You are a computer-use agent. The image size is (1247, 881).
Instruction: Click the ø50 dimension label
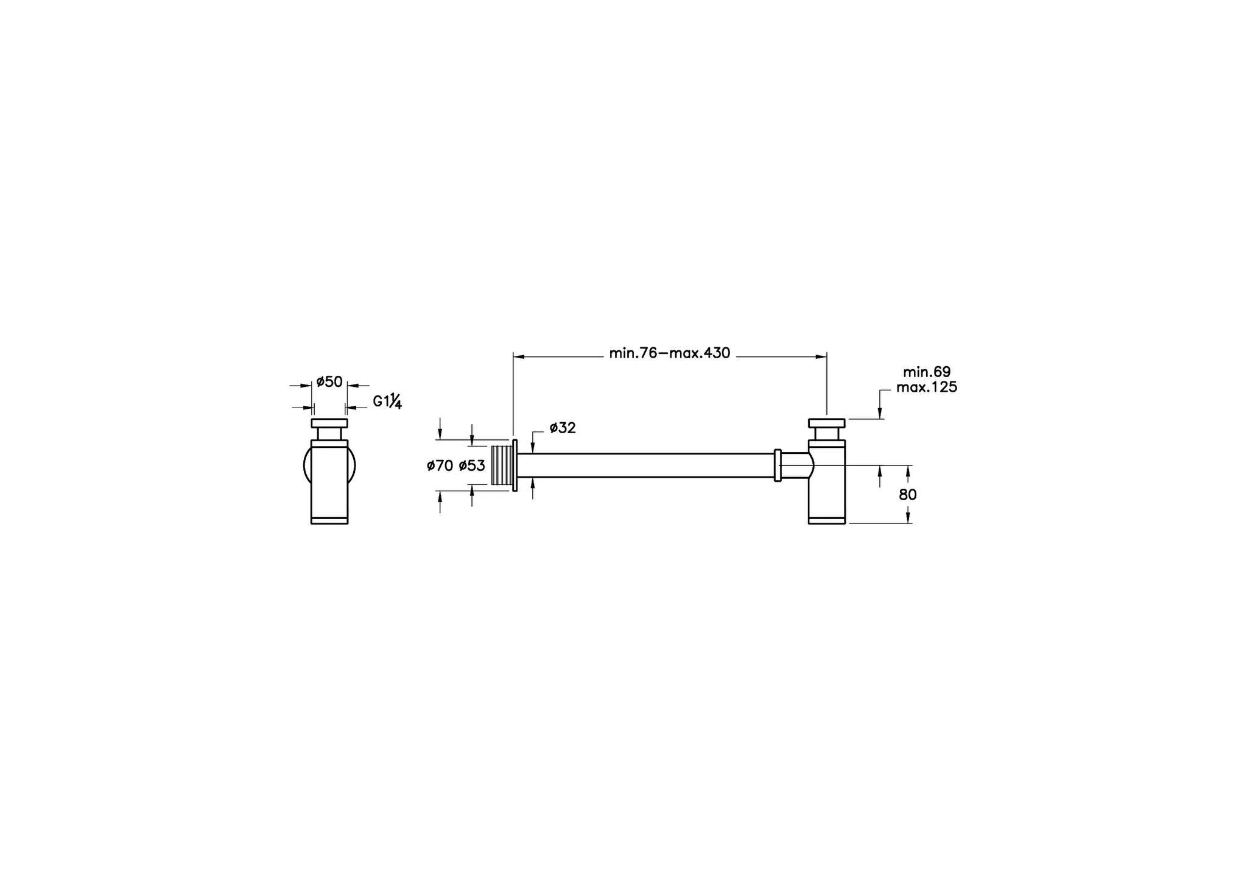[x=329, y=382]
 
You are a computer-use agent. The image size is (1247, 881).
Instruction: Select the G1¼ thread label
[x=387, y=402]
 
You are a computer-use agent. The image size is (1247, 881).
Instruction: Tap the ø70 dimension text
[x=440, y=466]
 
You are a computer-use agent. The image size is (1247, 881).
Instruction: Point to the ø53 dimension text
[x=472, y=466]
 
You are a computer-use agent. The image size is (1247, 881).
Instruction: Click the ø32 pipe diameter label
[x=562, y=428]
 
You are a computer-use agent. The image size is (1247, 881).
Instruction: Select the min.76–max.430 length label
[x=669, y=353]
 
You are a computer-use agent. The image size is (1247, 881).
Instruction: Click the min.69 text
[x=926, y=372]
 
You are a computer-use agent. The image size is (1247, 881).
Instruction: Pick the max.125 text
[x=926, y=387]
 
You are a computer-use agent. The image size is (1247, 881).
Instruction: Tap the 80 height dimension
[x=907, y=495]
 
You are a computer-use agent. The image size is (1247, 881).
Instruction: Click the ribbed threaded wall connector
[x=502, y=465]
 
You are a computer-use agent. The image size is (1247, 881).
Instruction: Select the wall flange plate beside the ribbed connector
[x=515, y=465]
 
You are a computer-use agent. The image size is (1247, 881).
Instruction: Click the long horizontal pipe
[x=645, y=465]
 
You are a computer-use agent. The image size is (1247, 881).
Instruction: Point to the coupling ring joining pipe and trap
[x=778, y=465]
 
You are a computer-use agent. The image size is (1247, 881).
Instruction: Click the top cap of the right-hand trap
[x=826, y=423]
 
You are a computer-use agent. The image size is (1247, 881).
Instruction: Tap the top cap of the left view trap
[x=329, y=423]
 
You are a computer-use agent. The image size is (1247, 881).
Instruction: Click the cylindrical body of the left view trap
[x=329, y=481]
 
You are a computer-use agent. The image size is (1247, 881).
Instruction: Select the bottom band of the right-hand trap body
[x=826, y=520]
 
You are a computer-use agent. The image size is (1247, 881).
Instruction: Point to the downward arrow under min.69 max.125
[x=880, y=414]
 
